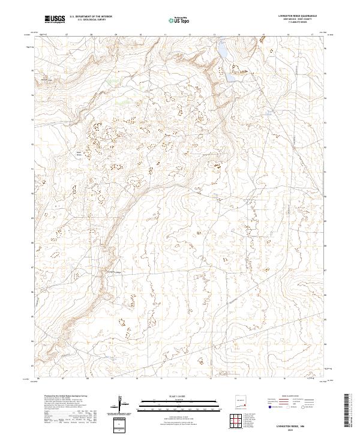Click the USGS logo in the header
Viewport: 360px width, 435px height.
(x=55, y=19)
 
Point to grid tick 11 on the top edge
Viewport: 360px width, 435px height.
(x=164, y=35)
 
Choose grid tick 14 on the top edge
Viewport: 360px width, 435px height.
(x=238, y=35)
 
